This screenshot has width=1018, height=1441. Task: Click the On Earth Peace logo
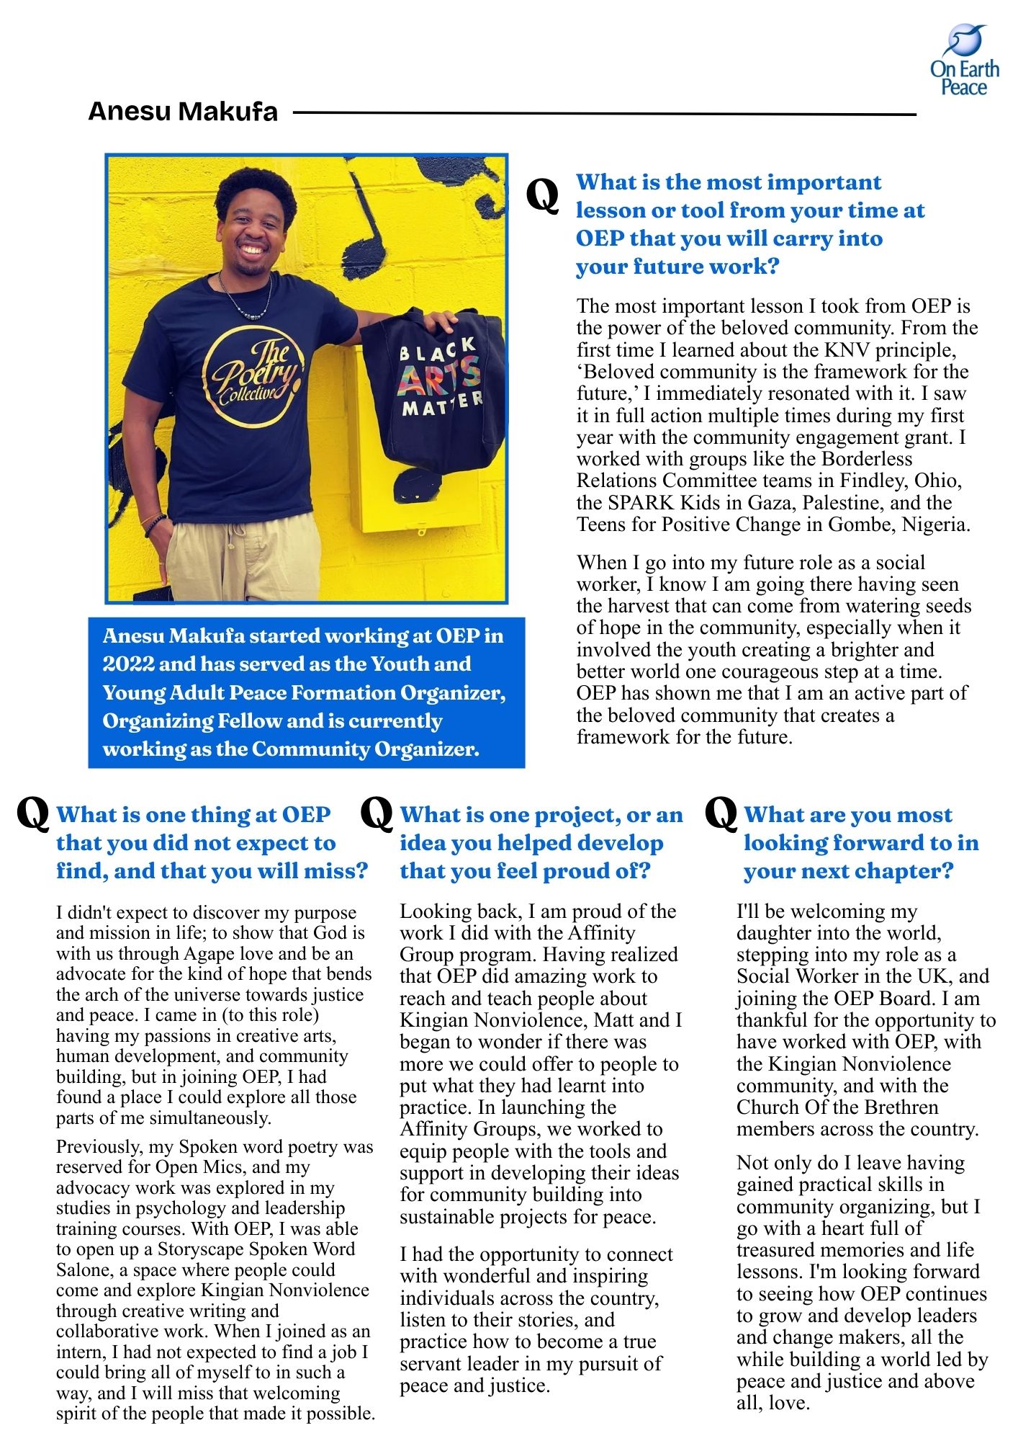click(x=965, y=61)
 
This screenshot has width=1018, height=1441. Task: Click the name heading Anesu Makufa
click(x=183, y=112)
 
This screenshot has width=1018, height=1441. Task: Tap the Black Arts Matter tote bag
click(x=434, y=385)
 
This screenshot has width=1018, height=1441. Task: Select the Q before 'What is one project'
click(x=376, y=813)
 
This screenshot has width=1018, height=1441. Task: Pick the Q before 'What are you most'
click(x=721, y=813)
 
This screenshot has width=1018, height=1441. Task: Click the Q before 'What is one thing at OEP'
click(x=32, y=813)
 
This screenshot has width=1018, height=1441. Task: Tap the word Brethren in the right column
click(x=901, y=1107)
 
